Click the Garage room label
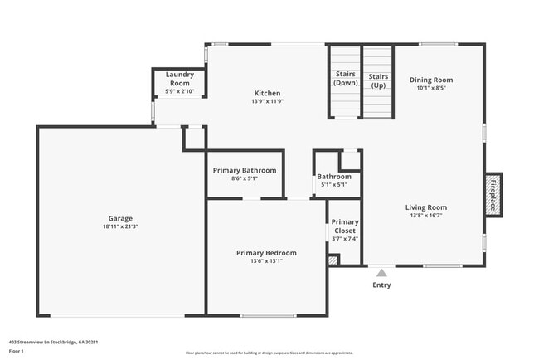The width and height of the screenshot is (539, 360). (120, 218)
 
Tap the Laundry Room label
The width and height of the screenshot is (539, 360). (180, 79)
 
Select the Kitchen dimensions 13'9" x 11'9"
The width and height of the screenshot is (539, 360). (267, 102)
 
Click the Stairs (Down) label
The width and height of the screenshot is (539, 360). (345, 79)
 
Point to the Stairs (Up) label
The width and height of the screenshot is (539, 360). (377, 79)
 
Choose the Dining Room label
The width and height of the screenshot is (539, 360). (431, 80)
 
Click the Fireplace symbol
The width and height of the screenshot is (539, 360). (493, 195)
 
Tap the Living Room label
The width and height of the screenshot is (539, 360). (425, 207)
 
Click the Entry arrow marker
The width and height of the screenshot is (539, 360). (381, 271)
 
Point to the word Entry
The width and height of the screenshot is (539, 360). (381, 285)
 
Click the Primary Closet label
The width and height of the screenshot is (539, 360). (345, 226)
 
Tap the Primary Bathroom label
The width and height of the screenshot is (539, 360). (245, 170)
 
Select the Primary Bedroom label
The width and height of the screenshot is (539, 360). (266, 252)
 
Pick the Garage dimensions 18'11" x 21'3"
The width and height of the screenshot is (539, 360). (120, 226)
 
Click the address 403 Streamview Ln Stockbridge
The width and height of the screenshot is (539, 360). (54, 341)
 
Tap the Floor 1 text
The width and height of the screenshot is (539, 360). (17, 352)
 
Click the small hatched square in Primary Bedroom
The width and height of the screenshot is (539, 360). (333, 260)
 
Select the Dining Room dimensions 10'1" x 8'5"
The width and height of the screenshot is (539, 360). (431, 88)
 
